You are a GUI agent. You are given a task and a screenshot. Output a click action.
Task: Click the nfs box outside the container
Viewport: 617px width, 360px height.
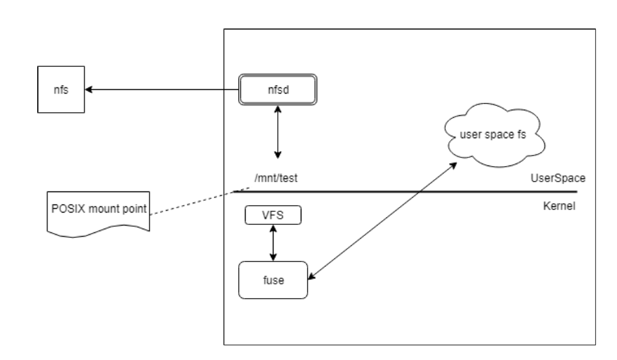click(61, 90)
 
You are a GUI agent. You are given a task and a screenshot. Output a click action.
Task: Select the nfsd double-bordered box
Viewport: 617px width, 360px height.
click(277, 90)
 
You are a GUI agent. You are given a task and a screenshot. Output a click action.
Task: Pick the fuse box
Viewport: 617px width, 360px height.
click(273, 281)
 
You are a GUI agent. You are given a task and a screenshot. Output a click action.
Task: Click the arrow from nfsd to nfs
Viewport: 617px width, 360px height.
click(161, 90)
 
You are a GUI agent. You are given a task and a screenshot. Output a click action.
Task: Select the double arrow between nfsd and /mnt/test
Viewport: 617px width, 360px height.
click(278, 133)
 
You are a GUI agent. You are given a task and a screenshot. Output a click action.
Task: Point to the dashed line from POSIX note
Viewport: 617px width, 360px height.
click(192, 201)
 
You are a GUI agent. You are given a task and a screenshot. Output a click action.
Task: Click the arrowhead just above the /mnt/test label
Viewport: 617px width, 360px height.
click(278, 154)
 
